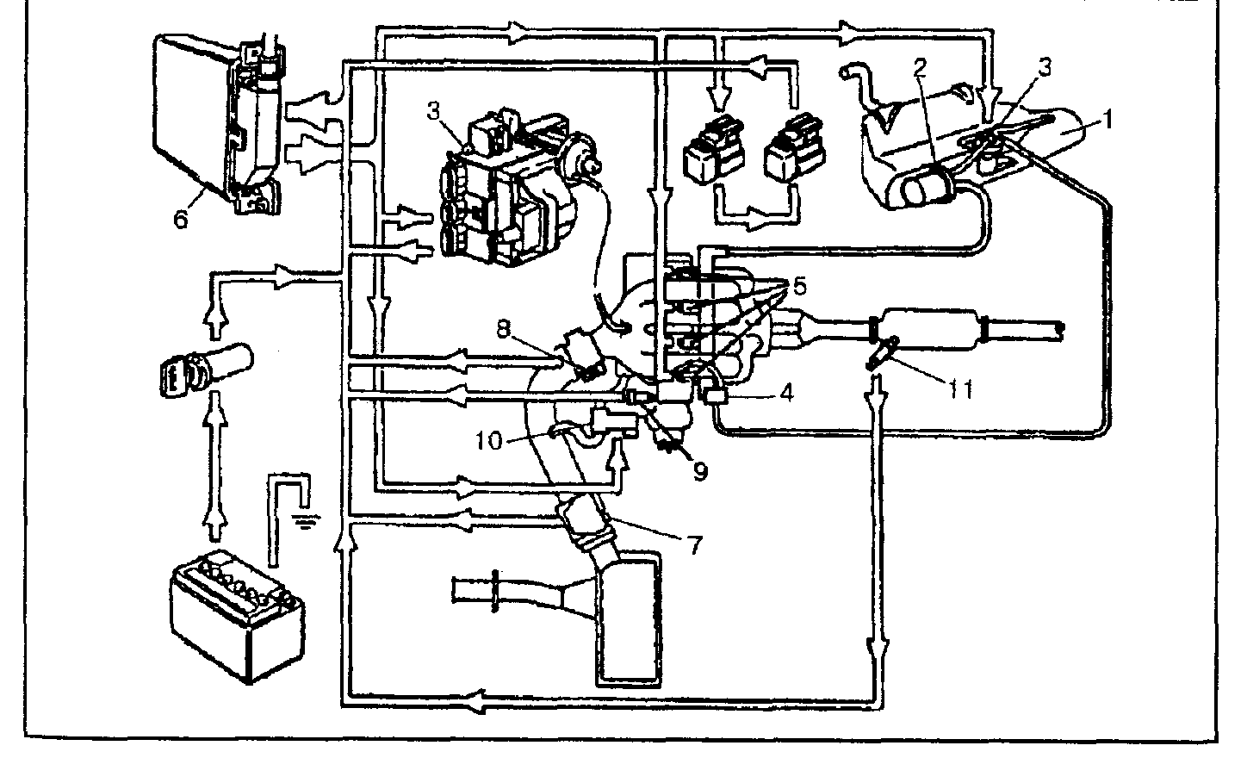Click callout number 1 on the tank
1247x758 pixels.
coord(1107,119)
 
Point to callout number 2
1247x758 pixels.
coord(921,67)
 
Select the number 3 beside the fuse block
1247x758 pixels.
coord(434,110)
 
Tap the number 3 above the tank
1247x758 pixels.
coord(1045,67)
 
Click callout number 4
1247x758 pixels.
coord(786,393)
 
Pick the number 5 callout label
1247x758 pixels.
coord(799,286)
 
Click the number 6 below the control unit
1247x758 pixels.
coord(180,219)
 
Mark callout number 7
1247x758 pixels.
coord(694,545)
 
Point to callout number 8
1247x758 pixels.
coord(503,328)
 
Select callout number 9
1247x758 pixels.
coord(700,471)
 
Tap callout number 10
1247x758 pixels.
coord(488,440)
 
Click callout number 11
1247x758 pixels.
coord(959,389)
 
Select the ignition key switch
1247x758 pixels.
coord(206,368)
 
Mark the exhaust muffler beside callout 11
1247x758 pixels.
coord(928,330)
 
